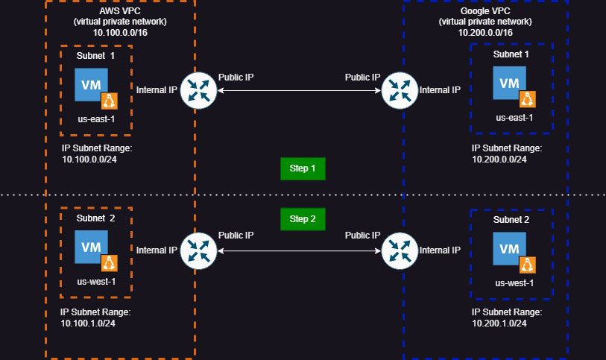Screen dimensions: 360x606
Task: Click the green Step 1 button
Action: point(303,168)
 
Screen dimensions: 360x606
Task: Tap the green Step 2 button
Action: point(303,219)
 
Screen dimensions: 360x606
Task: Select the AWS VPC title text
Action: point(119,11)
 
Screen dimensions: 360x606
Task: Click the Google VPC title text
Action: point(485,11)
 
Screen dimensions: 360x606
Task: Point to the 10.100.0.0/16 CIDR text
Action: point(119,33)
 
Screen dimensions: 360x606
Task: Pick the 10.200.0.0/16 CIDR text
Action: point(485,33)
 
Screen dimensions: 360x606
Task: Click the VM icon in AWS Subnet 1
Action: point(91,85)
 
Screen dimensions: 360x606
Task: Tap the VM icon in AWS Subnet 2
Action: point(91,247)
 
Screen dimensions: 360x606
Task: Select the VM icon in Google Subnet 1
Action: point(508,83)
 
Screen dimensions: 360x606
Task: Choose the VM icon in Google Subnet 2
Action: point(508,249)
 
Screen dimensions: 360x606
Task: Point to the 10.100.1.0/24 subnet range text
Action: point(89,323)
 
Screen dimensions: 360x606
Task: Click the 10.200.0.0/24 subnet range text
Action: point(499,159)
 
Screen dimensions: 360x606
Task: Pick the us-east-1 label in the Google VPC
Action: point(514,117)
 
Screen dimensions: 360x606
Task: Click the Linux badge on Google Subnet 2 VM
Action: point(528,263)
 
